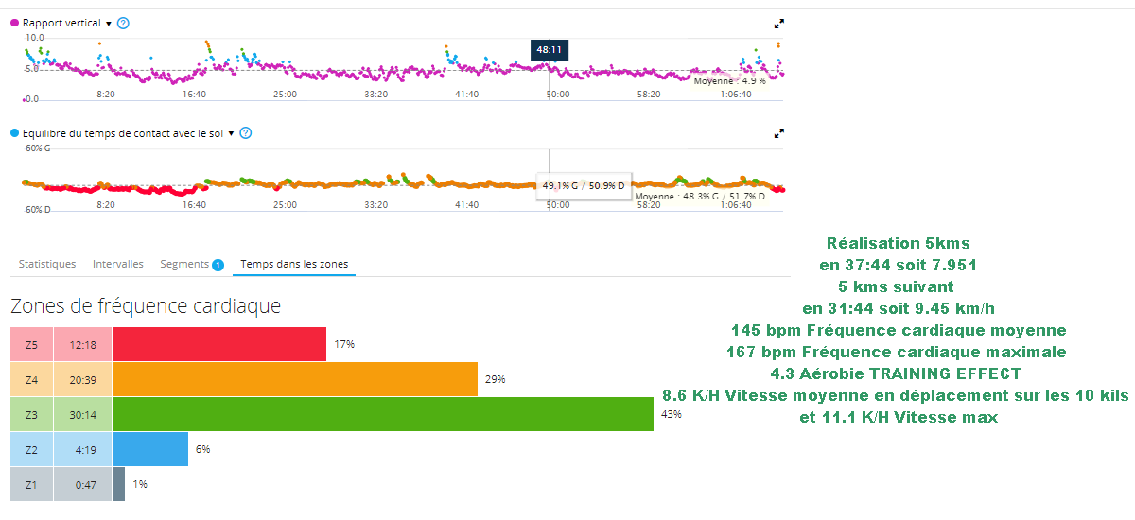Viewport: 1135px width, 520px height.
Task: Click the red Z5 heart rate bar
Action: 219,344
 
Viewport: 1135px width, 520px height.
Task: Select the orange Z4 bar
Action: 294,379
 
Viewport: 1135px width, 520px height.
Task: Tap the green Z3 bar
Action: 382,414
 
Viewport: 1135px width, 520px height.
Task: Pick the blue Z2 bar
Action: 150,449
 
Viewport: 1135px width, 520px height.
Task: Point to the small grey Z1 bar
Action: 118,484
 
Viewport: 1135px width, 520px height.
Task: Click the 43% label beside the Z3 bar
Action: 671,414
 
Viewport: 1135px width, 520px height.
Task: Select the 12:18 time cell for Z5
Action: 83,344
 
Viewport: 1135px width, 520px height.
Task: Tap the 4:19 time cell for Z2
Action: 83,449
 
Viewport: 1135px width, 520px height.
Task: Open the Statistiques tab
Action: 47,264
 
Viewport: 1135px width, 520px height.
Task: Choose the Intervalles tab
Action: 118,264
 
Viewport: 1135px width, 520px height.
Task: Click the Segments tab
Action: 184,264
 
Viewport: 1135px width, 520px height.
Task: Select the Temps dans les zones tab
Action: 294,264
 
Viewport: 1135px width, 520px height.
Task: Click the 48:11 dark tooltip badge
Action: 550,50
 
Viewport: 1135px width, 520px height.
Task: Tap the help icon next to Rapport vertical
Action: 123,23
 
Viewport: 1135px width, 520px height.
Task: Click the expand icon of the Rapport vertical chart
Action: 779,24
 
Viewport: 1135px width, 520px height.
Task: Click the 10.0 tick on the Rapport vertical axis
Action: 34,38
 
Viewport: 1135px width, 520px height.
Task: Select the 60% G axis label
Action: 37,148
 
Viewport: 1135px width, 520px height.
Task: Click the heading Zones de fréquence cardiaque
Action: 145,306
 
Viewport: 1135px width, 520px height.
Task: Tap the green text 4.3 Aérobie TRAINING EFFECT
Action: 897,373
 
